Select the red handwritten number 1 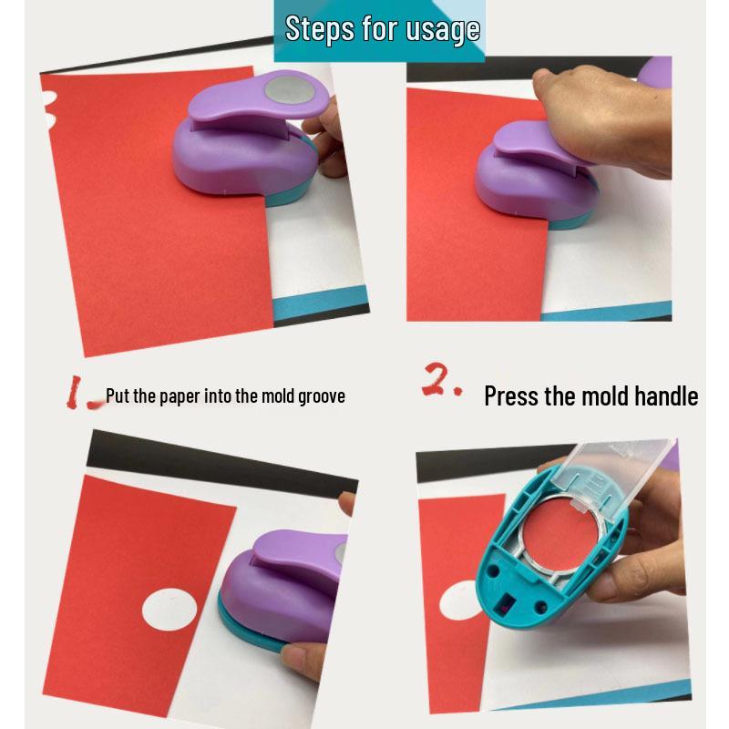(80, 393)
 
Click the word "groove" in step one (322, 396)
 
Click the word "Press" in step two (512, 396)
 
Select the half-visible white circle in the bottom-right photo (456, 605)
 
